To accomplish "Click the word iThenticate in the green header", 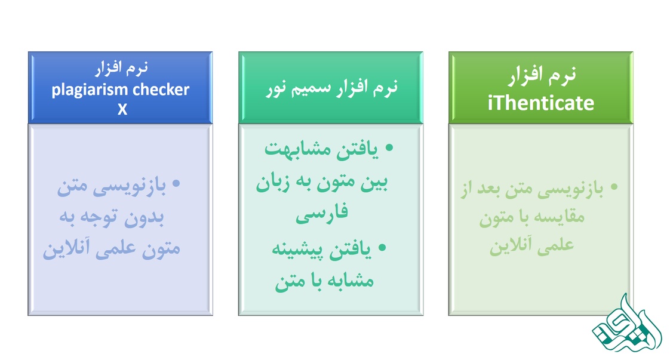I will [540, 103].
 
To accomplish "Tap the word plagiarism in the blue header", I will [90, 90].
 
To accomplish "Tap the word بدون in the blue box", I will [143, 217].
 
